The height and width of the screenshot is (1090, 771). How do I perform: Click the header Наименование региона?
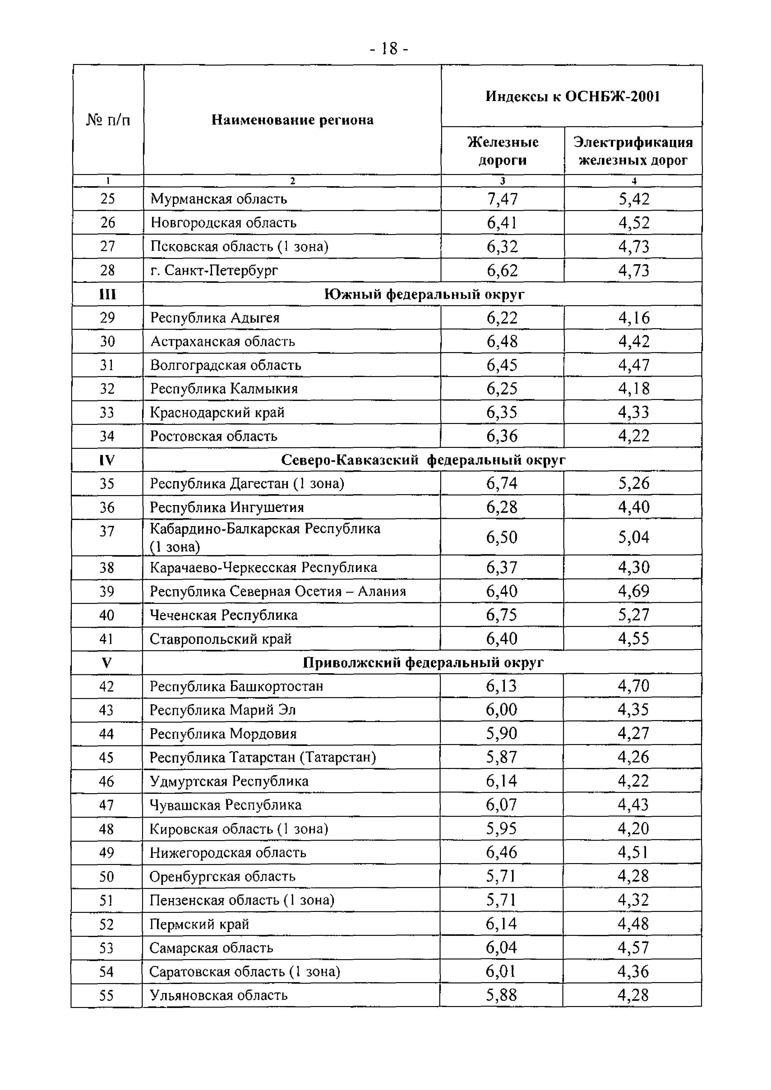[x=292, y=120]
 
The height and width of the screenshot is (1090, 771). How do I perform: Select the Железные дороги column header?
[x=503, y=151]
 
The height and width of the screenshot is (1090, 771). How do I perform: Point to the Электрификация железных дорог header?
[x=633, y=151]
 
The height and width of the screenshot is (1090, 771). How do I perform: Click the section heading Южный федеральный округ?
[x=424, y=294]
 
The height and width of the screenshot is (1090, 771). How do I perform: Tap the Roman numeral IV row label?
[x=107, y=460]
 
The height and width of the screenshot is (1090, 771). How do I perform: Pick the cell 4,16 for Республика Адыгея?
[x=633, y=318]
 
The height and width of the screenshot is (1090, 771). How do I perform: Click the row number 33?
[x=107, y=412]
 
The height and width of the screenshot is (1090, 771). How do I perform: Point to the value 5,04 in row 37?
[x=633, y=537]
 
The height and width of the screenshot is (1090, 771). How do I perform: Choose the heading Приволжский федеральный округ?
[x=423, y=663]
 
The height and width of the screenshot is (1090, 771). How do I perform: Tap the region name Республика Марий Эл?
[x=223, y=710]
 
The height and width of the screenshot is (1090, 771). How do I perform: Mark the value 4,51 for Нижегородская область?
[x=633, y=853]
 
